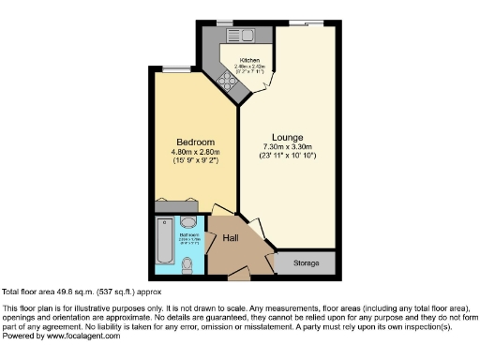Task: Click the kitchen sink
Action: (x=246, y=37)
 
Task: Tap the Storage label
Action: (x=306, y=263)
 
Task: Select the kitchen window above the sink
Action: (x=225, y=22)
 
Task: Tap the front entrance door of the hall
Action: (x=239, y=276)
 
